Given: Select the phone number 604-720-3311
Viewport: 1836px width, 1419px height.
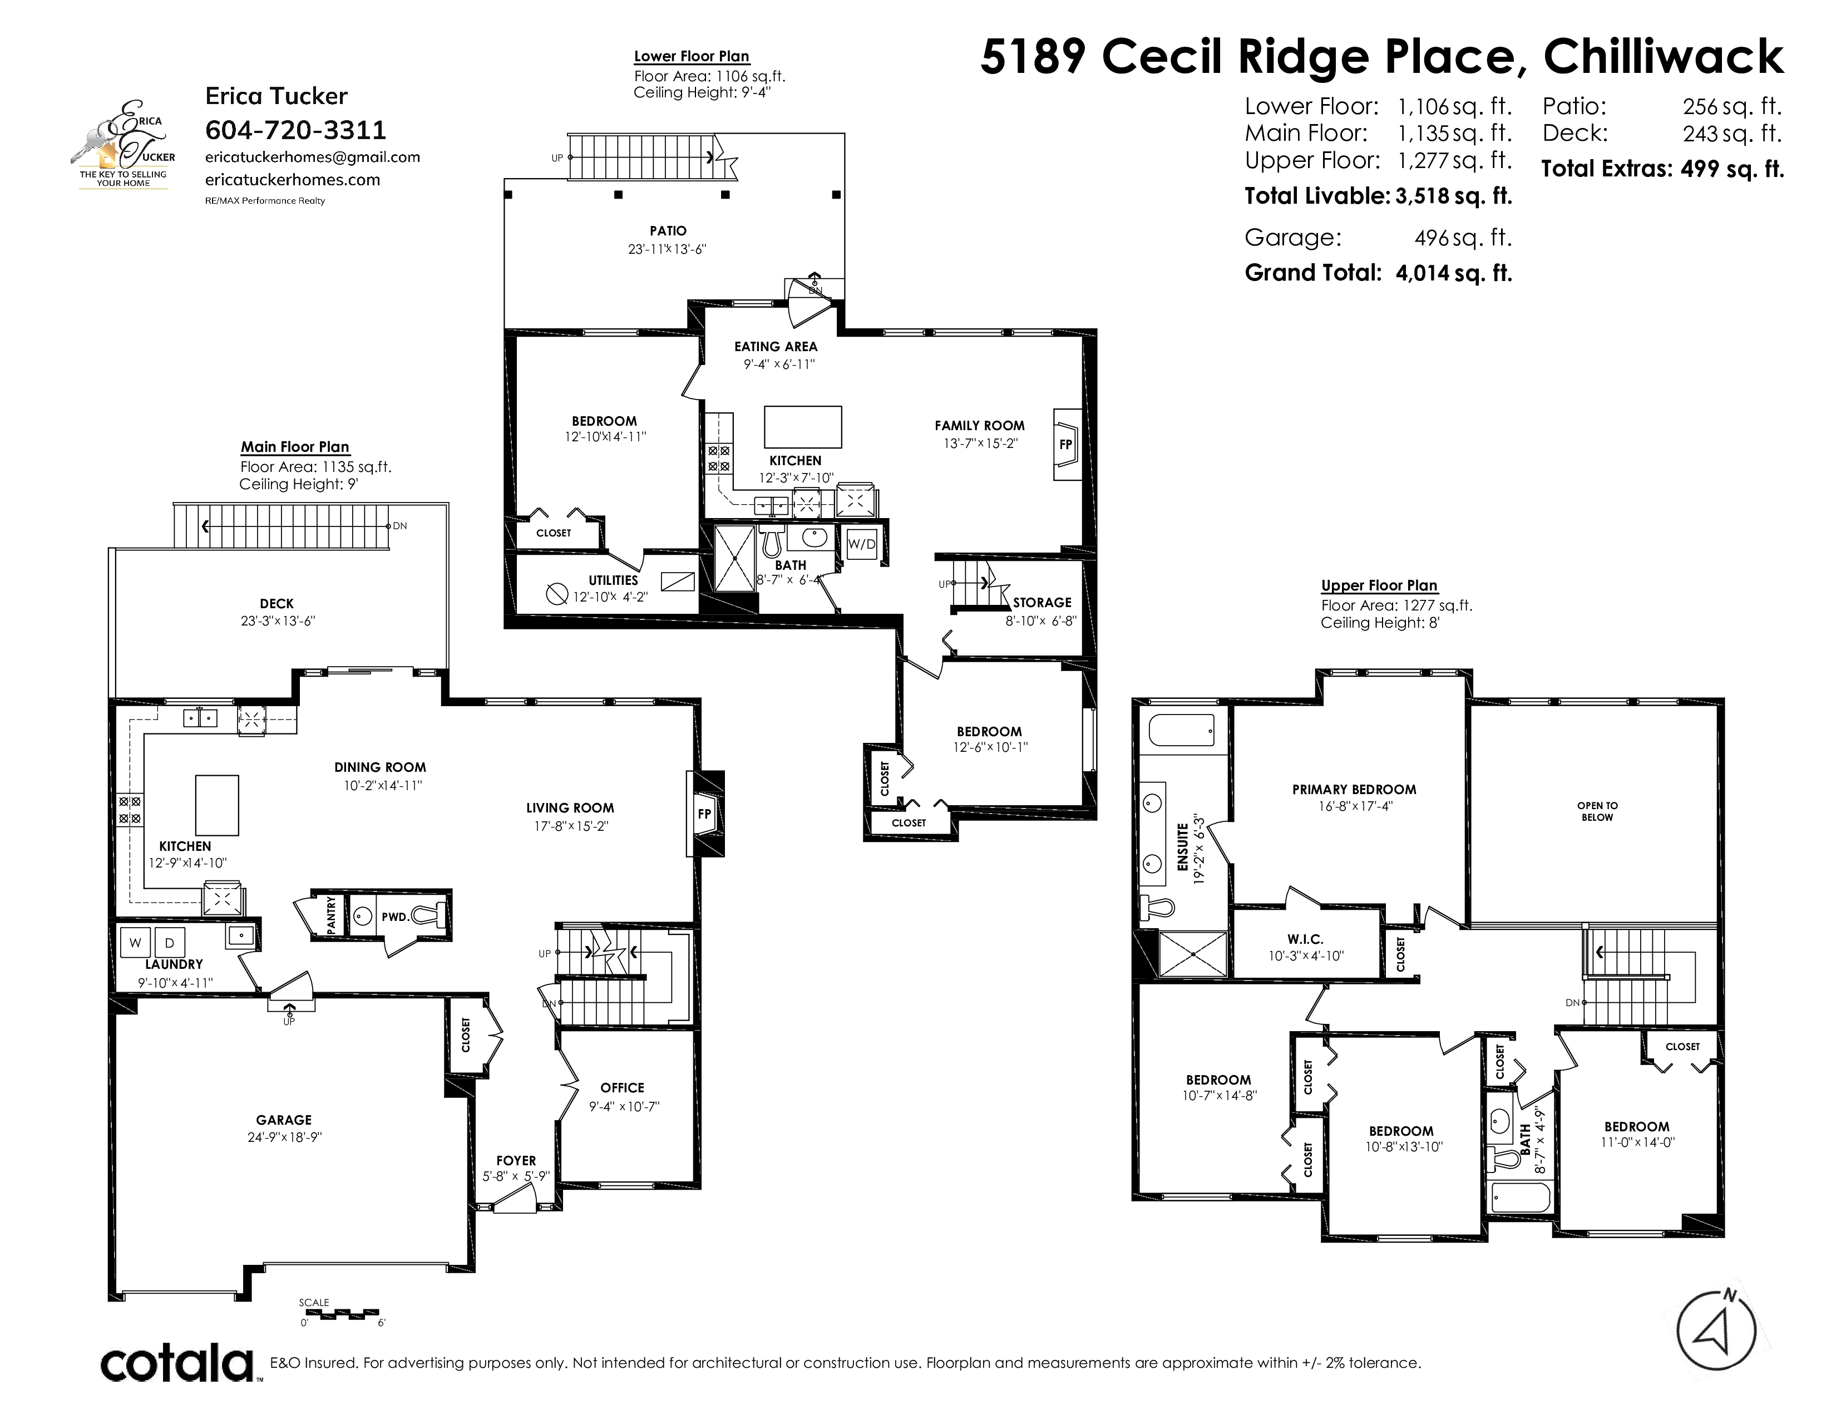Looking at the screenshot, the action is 296,130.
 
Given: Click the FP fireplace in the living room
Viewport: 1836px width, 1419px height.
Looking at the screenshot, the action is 705,813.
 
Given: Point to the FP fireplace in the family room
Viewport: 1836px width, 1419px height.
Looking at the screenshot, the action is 1066,444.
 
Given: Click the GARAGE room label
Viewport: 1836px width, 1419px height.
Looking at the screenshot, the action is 284,1120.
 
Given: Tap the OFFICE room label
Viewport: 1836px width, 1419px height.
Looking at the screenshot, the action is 622,1087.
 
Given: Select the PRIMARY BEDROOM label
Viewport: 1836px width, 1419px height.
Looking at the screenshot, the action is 1354,790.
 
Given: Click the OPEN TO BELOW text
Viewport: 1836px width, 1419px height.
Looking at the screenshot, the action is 1597,811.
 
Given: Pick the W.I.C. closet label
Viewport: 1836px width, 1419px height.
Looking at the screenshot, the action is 1306,939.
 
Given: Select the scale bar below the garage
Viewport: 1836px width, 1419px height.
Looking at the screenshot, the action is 339,1312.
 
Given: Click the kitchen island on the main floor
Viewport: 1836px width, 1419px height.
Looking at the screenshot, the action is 217,805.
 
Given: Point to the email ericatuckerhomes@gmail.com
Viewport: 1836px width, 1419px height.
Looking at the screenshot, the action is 313,157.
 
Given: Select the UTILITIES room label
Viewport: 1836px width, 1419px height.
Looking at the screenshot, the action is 613,580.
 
